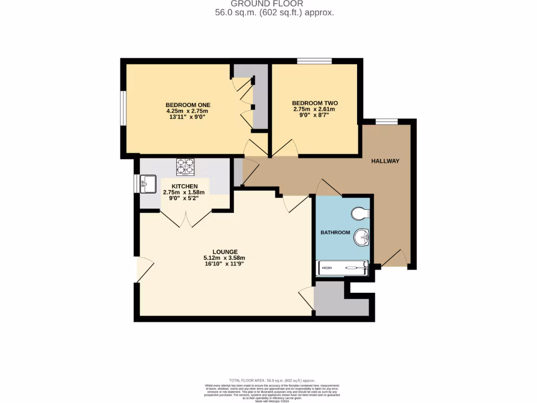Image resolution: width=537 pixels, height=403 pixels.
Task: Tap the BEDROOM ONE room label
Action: (187, 104)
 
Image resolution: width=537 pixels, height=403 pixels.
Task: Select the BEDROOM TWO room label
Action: (315, 103)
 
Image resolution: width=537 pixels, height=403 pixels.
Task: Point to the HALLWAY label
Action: (385, 161)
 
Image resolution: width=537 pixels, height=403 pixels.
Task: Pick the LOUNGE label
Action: (225, 251)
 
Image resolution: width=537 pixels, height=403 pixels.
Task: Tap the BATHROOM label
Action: (335, 232)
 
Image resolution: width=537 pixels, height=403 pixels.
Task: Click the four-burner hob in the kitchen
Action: (185, 166)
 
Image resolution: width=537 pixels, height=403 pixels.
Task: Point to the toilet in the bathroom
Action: (361, 213)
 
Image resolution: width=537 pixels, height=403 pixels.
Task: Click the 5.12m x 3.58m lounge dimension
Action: (224, 258)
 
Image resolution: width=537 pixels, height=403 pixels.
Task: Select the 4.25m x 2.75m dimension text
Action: (187, 111)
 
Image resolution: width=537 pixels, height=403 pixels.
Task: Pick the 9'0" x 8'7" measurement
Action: (314, 115)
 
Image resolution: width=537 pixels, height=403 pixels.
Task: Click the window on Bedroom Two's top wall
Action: (314, 61)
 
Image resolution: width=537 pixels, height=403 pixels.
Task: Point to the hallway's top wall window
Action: (386, 122)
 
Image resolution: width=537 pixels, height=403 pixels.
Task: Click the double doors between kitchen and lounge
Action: (186, 218)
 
